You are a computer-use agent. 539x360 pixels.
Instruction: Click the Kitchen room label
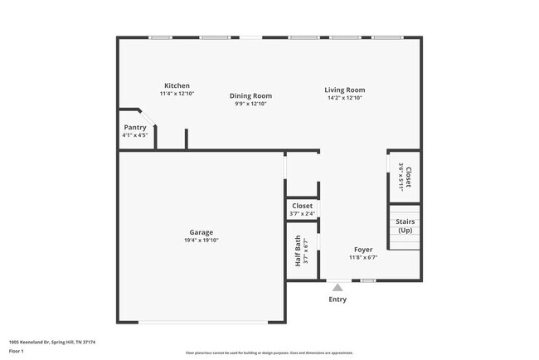coord(177,85)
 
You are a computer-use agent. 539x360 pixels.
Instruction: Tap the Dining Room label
coord(250,95)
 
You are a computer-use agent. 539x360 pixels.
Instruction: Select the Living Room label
coord(344,90)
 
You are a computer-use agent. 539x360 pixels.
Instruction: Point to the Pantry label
coord(134,127)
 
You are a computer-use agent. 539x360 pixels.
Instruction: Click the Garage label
coord(202,232)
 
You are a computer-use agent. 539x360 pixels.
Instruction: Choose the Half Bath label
coord(299,251)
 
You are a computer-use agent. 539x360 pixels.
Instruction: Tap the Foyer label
coord(363,249)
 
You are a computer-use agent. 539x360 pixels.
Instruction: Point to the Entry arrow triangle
coord(337,288)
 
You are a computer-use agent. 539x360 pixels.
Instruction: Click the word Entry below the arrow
coord(337,299)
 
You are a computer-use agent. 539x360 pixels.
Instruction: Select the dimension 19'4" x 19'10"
coord(202,241)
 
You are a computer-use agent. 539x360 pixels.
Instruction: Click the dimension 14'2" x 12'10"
coord(344,98)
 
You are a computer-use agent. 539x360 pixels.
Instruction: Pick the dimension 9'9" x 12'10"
coord(250,104)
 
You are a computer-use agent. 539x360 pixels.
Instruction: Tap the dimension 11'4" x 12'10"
coord(177,94)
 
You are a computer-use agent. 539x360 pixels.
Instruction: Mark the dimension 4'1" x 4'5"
coord(134,135)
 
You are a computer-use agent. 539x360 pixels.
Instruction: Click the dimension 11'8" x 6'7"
coord(363,257)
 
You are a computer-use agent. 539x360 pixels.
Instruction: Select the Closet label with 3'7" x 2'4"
coord(302,206)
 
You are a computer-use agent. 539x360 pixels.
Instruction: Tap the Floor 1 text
coord(17,351)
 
